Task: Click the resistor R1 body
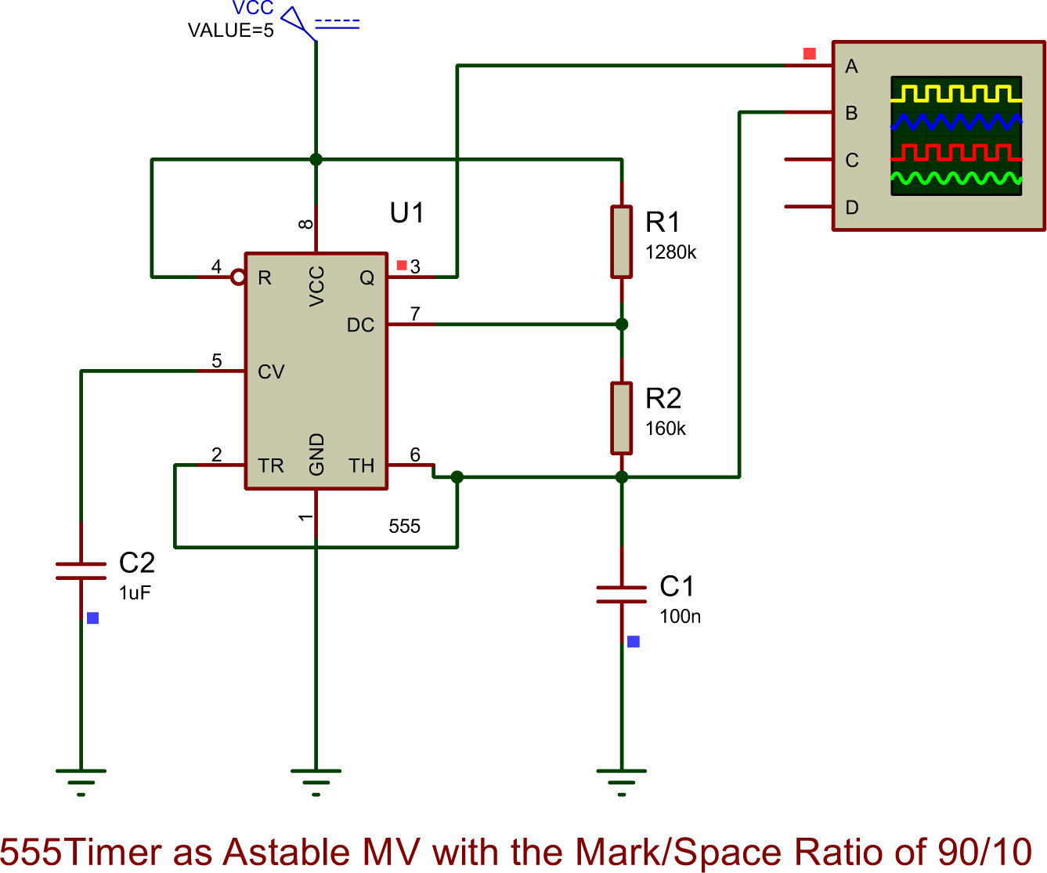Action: (x=621, y=241)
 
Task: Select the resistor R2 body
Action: (x=621, y=418)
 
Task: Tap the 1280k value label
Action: (x=670, y=252)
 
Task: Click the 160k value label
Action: (x=665, y=429)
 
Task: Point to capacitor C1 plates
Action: (x=621, y=594)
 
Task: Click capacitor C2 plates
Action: (x=81, y=571)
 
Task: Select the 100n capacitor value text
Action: (x=680, y=617)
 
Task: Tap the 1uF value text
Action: (x=135, y=593)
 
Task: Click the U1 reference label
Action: (x=406, y=212)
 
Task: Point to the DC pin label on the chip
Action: (x=360, y=325)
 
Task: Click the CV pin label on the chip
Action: (x=271, y=372)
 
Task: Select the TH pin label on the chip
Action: (x=361, y=466)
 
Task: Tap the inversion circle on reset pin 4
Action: (x=238, y=277)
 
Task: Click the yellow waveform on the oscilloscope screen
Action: (x=956, y=94)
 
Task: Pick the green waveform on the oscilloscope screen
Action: (x=956, y=179)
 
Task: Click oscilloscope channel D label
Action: (x=852, y=208)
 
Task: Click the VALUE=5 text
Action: (x=230, y=31)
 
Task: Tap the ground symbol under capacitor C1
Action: (x=621, y=780)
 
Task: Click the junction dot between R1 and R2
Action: (x=621, y=324)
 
